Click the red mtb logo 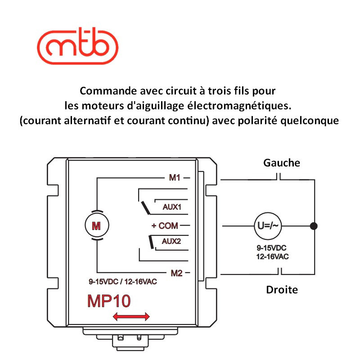pos(77,45)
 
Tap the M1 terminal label pos(175,178)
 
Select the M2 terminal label pos(175,272)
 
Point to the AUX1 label pos(171,207)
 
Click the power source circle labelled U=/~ pos(269,225)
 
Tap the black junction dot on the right pos(314,225)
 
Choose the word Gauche pos(282,162)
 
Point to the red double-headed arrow pos(131,317)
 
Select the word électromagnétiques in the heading pos(246,106)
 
